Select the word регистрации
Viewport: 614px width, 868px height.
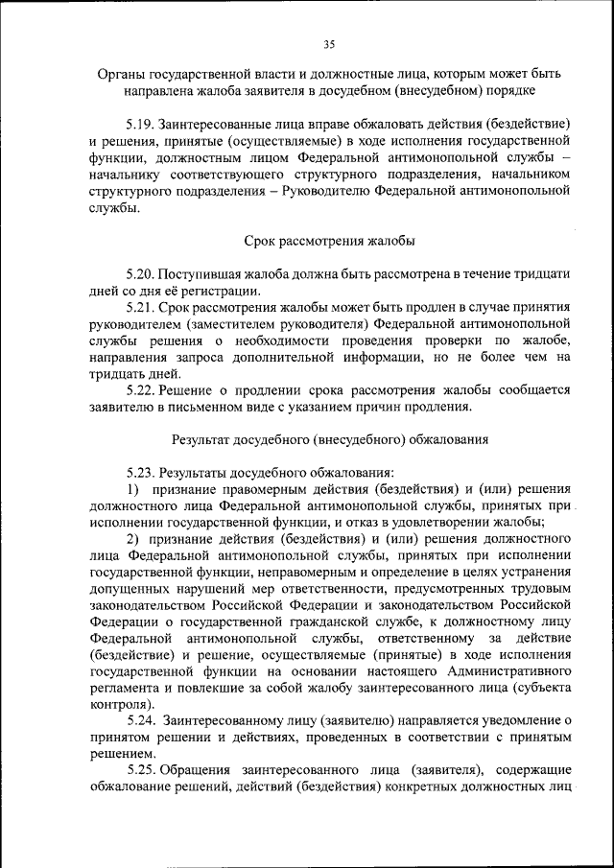click(222, 291)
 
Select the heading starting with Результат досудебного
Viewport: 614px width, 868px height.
click(330, 439)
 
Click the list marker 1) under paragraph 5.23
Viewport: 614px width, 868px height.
click(133, 489)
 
